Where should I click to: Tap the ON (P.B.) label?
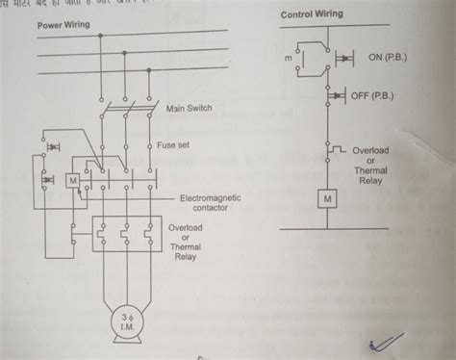click(x=388, y=58)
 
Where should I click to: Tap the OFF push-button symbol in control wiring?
click(x=338, y=96)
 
